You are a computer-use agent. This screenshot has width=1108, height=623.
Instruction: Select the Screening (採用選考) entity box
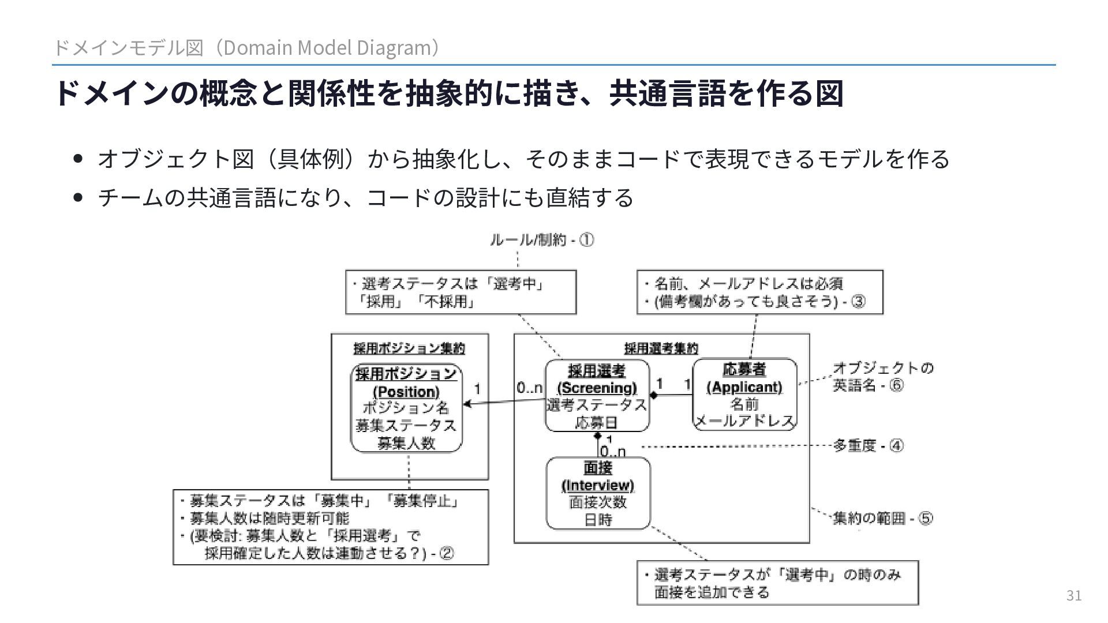click(597, 396)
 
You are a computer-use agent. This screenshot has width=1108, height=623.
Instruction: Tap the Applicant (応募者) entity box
click(744, 395)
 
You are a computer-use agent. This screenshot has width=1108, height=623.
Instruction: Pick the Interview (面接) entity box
click(598, 493)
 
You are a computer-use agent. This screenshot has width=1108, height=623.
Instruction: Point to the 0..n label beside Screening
click(529, 388)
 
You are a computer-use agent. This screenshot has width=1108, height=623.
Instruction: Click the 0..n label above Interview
click(612, 451)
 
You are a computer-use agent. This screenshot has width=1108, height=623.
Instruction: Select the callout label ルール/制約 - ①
click(541, 240)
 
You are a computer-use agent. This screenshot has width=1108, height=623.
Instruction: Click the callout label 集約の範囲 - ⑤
click(882, 518)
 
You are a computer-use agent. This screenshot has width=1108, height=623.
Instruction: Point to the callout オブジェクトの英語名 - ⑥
click(882, 376)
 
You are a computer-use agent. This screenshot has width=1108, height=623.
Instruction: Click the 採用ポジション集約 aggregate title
click(409, 348)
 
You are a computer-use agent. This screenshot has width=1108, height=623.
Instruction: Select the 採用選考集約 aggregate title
click(661, 348)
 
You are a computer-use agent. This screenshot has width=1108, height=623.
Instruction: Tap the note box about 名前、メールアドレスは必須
click(759, 292)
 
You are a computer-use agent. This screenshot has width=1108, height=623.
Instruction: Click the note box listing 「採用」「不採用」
click(461, 292)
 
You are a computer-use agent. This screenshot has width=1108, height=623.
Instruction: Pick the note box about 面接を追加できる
click(777, 583)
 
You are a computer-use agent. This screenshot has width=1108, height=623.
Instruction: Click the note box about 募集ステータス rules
click(331, 527)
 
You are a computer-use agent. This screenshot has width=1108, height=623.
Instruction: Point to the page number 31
click(1073, 595)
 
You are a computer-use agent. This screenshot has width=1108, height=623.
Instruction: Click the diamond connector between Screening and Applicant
click(654, 395)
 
